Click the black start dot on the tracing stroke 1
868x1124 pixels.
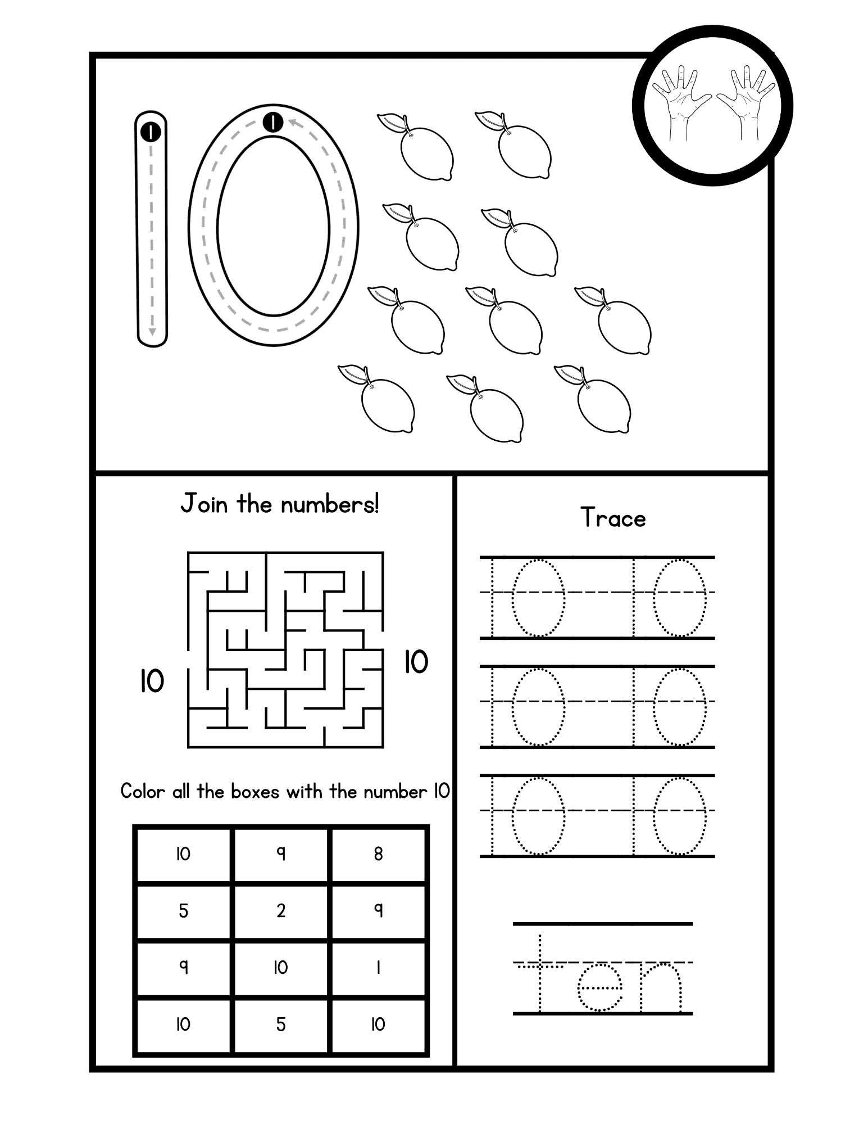[x=151, y=132]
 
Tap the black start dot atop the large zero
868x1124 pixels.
[x=273, y=121]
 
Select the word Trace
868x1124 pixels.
[x=613, y=517]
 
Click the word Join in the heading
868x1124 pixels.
[x=204, y=504]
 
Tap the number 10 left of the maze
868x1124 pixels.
[x=152, y=681]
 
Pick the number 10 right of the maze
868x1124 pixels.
[x=416, y=661]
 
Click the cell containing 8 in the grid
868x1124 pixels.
[x=378, y=854]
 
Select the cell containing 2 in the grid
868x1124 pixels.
[x=281, y=911]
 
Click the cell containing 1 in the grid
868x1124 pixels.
[x=378, y=968]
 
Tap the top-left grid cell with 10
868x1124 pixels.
[x=183, y=854]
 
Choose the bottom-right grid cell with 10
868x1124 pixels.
[x=378, y=1024]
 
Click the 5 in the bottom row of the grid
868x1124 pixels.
[x=281, y=1024]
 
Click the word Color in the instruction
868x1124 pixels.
[x=143, y=792]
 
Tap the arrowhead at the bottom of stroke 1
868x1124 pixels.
[x=152, y=332]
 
